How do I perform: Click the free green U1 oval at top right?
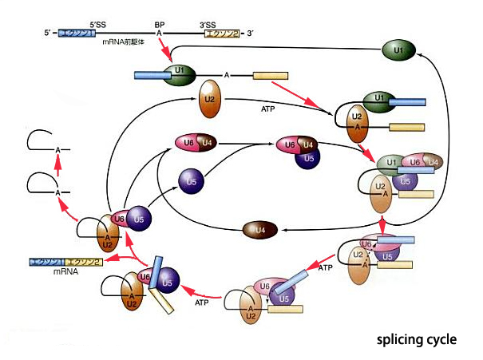coord(398,51)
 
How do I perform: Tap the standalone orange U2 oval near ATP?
coord(209,100)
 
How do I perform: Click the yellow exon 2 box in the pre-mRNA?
coord(224,33)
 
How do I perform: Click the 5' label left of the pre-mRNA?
coord(49,33)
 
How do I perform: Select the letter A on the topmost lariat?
coord(57,149)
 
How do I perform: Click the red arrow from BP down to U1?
coord(166,53)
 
